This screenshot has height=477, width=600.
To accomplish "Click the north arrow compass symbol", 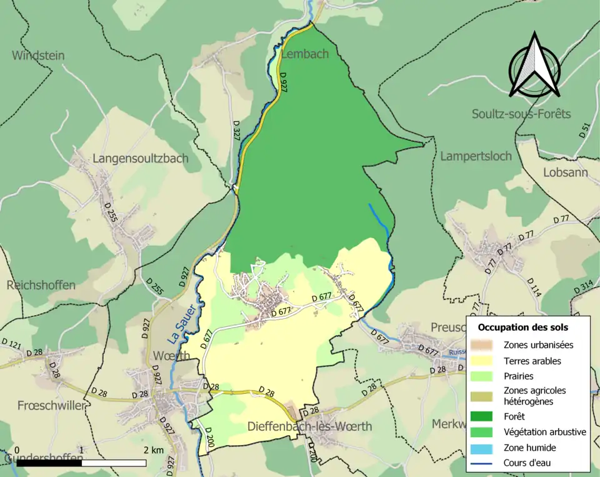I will click(534, 66).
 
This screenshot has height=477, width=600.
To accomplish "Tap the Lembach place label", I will click(304, 54).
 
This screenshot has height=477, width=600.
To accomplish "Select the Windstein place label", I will click(38, 56).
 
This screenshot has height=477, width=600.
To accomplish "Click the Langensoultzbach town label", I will click(140, 158).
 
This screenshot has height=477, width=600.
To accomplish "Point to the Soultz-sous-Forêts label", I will click(521, 114).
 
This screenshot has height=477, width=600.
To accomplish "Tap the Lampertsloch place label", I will click(476, 156).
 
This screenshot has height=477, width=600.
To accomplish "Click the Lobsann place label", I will click(566, 172).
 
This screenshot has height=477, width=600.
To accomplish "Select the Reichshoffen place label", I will click(41, 285).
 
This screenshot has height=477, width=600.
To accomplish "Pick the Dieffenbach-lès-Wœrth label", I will click(309, 426).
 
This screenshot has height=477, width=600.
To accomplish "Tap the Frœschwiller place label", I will click(42, 406).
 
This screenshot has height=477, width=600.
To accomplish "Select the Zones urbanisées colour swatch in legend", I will click(483, 344).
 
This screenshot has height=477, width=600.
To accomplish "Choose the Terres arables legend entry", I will click(532, 361).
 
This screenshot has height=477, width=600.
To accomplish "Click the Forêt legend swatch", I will click(483, 416).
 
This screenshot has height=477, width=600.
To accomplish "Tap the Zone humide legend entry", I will click(529, 448).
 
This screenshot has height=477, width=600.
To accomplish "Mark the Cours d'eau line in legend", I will click(483, 463).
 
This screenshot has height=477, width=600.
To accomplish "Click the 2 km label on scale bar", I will click(153, 450).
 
